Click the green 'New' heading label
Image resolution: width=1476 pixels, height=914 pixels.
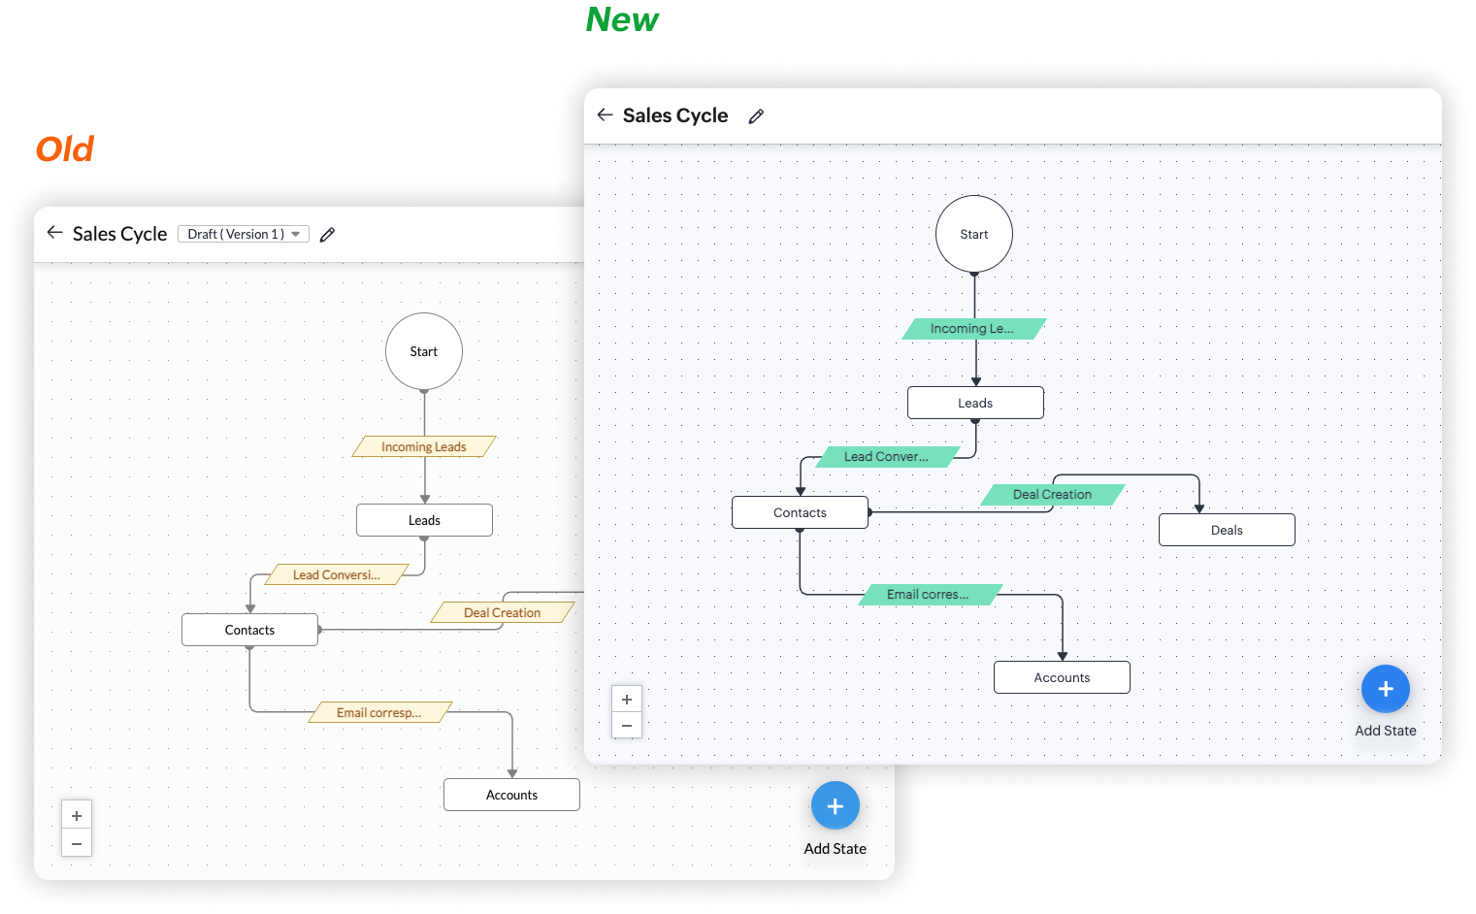point(622,19)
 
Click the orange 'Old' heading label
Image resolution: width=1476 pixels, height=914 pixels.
point(65,149)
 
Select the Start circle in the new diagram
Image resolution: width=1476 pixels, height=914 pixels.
point(974,234)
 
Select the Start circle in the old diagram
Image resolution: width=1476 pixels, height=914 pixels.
point(424,351)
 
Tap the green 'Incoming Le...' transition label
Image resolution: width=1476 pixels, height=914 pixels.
point(973,329)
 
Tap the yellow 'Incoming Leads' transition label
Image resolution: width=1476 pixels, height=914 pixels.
point(424,447)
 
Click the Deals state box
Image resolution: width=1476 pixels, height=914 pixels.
point(1227,530)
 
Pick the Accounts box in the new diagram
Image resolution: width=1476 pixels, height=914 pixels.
point(1062,677)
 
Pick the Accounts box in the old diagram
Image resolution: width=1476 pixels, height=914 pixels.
point(511,795)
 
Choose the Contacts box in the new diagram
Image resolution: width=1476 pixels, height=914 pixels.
point(800,512)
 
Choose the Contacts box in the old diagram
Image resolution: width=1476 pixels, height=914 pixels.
point(249,630)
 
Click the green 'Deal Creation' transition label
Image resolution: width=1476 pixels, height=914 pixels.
point(1053,495)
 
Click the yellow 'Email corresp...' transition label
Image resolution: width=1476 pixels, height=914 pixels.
point(379,713)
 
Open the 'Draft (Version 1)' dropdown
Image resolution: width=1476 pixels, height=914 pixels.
point(244,234)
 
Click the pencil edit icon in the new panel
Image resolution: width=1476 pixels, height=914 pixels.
point(756,116)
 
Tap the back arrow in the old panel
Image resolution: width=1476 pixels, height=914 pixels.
point(54,233)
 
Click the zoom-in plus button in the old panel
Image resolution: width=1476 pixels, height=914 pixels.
point(77,816)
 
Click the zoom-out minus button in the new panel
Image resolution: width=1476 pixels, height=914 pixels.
point(627,725)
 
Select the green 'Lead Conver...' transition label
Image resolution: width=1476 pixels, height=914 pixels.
point(887,457)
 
